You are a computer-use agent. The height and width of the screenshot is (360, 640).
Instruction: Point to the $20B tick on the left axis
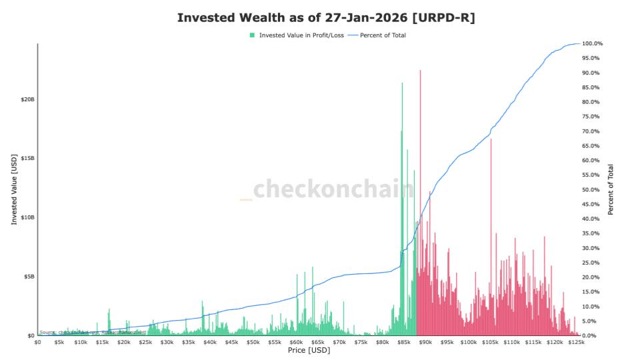tap(27, 99)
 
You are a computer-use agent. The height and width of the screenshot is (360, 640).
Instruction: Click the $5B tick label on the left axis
tap(29, 277)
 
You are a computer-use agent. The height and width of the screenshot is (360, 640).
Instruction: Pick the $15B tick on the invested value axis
tap(27, 158)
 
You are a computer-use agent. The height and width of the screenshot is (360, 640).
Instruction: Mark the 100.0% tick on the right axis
tap(592, 43)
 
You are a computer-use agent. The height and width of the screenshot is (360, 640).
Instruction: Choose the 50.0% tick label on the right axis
tap(592, 189)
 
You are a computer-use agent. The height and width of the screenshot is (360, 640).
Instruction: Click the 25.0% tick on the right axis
tap(592, 263)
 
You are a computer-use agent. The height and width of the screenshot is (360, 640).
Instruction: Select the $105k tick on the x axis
tap(490, 342)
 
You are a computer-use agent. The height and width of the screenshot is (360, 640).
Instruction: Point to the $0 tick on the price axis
tap(38, 342)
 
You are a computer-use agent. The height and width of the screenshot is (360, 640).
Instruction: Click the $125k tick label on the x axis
tap(576, 342)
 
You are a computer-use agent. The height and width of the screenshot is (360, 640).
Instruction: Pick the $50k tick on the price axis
tap(253, 342)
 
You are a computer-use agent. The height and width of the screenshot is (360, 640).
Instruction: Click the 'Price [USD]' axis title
tap(309, 350)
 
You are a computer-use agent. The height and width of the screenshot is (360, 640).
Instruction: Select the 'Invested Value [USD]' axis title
tap(14, 189)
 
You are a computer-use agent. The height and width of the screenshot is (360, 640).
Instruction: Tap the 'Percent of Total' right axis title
tap(611, 189)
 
